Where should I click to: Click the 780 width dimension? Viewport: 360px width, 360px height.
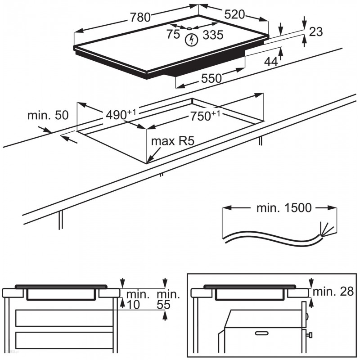tap(140, 18)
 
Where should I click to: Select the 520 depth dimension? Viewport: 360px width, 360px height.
tap(234, 14)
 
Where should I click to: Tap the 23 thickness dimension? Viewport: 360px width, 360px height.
tap(316, 31)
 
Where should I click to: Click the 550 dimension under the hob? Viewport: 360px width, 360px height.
tap(211, 78)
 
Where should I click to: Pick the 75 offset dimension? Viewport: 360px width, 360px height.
tap(173, 34)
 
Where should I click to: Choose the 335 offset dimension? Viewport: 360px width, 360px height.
tap(213, 35)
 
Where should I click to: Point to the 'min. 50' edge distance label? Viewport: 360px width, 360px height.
tap(48, 115)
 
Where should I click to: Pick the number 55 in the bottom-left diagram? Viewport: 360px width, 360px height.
tap(164, 305)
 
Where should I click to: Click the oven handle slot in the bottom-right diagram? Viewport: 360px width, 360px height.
tap(261, 333)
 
